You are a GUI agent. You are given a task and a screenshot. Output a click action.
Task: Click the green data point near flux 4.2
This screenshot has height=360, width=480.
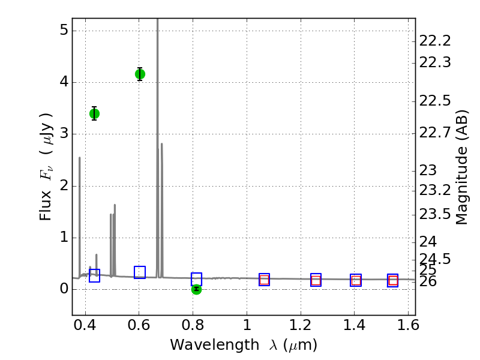tap(140, 74)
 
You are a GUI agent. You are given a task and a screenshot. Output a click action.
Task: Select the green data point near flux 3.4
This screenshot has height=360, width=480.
tap(94, 113)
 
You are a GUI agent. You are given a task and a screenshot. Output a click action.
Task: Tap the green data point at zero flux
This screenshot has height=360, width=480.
tap(196, 289)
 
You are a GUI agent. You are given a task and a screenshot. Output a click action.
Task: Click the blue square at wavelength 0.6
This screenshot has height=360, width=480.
tap(140, 272)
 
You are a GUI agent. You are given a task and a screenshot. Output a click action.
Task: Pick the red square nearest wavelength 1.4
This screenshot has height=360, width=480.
tap(356, 280)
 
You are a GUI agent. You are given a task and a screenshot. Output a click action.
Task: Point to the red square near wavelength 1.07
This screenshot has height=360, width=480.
tap(264, 280)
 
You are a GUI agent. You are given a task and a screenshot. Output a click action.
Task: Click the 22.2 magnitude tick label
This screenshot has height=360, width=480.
tap(435, 41)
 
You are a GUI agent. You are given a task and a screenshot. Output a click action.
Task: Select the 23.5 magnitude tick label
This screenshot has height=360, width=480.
tap(435, 214)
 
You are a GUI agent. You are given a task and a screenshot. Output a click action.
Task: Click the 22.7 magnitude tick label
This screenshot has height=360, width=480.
tap(435, 132)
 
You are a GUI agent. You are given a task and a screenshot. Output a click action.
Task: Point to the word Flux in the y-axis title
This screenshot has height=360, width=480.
tap(46, 208)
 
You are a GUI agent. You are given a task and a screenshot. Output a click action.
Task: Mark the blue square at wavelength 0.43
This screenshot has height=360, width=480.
tap(94, 275)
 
